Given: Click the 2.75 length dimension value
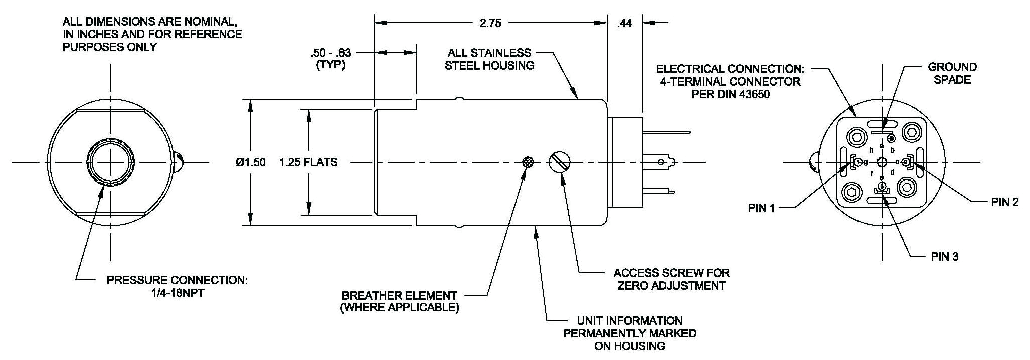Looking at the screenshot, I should [490, 23].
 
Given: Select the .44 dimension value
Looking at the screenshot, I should [624, 23].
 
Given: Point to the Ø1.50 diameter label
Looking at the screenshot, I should [251, 162].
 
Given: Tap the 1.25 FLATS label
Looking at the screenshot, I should [308, 162].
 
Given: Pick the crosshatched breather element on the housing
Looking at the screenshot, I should [528, 162].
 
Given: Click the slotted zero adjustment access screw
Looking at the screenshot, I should [560, 162].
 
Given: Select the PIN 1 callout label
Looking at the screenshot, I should [761, 208].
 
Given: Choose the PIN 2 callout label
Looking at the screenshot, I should [1005, 202].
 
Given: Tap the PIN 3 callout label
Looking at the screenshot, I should [944, 257].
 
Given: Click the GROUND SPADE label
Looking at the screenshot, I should [952, 73].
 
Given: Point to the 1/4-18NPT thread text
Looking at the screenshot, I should [177, 293].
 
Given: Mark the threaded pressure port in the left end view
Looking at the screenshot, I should [110, 162].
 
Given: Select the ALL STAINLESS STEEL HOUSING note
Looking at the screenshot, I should [489, 59].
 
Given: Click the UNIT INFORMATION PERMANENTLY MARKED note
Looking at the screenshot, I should [629, 333].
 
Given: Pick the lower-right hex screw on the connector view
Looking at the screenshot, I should [907, 190].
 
